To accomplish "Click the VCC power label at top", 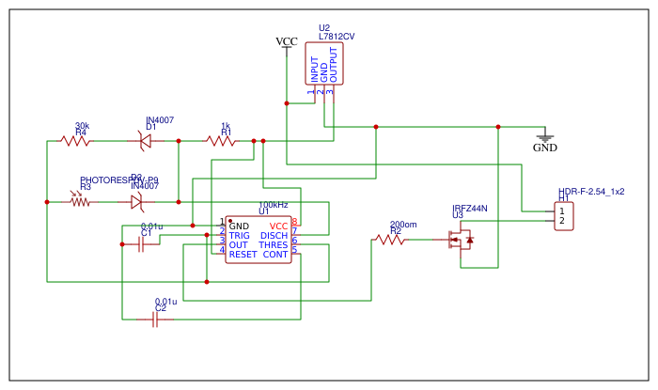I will (286, 41).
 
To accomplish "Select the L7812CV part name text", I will (337, 37).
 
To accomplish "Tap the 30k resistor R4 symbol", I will (75, 141).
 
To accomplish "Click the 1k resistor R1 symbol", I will (221, 141).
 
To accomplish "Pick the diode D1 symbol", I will (145, 141).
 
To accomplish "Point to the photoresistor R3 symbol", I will (81, 201).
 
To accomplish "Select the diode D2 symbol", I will (137, 201).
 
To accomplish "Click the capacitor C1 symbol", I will (142, 244).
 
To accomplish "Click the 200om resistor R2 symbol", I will (390, 240).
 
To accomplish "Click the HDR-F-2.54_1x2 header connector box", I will (562, 215).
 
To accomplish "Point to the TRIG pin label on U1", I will (240, 236).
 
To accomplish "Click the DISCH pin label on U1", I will (274, 236).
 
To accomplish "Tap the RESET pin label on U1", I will (243, 255).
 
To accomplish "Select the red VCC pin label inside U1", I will (278, 226).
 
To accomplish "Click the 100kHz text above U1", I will (274, 205).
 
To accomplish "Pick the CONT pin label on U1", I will (275, 255).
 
